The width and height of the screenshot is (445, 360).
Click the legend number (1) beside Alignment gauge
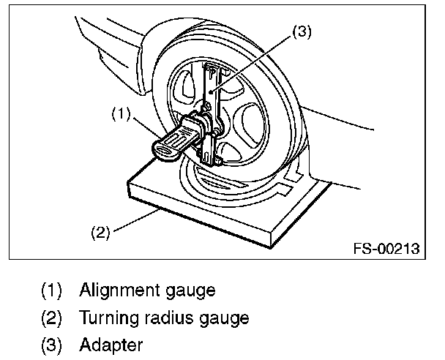click(52, 290)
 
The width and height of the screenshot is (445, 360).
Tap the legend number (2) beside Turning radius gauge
click(52, 318)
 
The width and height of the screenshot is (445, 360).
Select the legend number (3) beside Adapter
click(52, 345)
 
